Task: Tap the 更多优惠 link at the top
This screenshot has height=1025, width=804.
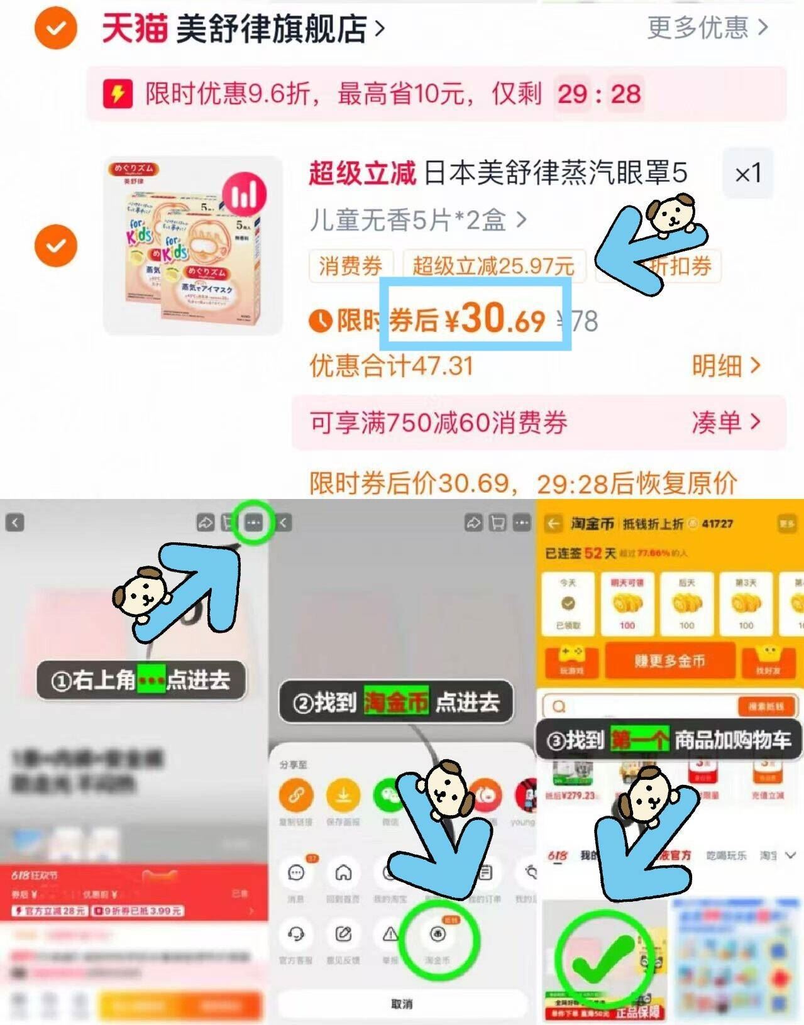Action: point(707,28)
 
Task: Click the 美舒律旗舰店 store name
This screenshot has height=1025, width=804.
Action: point(271,29)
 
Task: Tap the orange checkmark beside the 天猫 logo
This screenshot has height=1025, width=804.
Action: point(56,28)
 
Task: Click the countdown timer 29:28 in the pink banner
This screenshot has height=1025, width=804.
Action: point(598,94)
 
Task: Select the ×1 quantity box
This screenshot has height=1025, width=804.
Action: point(747,173)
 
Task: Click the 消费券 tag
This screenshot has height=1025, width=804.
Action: point(350,266)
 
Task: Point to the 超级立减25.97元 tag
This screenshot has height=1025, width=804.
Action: point(493,266)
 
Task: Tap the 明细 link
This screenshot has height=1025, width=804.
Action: point(725,365)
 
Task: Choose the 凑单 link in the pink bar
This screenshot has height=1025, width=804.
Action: point(725,422)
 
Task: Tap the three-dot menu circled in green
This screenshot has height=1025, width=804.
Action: point(253,522)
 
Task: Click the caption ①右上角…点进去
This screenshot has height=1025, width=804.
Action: point(141,680)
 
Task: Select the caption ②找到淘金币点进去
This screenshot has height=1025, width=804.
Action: point(396,702)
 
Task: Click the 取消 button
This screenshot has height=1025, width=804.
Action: point(401,1004)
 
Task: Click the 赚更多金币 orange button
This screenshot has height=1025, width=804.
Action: point(669,660)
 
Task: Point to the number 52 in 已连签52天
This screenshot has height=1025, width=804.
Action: point(593,553)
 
